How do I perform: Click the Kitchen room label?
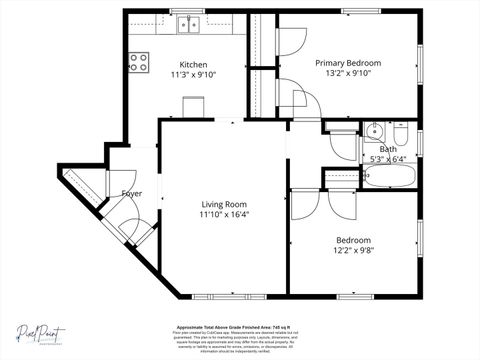point(193,62)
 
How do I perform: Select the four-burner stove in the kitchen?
point(139,62)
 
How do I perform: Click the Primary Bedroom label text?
point(348,62)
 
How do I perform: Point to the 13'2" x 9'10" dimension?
point(348,74)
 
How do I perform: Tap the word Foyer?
point(131,193)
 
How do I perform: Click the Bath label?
point(388,148)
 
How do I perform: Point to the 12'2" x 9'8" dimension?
point(353,251)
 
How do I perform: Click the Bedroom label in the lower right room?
point(353,240)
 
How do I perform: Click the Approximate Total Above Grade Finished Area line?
point(240,327)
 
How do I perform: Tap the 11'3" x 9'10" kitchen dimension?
point(193,74)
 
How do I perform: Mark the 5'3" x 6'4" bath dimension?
point(388,158)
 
